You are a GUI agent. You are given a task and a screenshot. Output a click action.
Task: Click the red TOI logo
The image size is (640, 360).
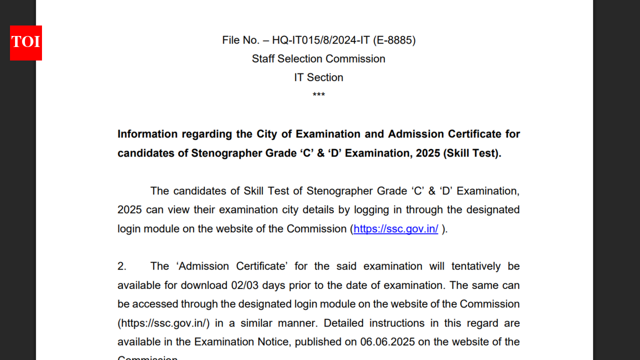26,43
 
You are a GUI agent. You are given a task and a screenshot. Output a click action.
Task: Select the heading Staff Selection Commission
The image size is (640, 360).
318,59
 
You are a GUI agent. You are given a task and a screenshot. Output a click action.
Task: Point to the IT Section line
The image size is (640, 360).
318,77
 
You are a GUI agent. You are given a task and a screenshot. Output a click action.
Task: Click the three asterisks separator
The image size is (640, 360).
318,95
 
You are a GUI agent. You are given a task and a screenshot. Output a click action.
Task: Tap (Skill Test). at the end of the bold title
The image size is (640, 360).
472,153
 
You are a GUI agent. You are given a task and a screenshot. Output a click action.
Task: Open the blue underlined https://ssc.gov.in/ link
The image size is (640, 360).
395,229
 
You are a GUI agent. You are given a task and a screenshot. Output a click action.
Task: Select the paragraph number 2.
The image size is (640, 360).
122,266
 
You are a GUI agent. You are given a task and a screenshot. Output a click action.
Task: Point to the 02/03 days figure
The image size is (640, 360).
243,285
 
